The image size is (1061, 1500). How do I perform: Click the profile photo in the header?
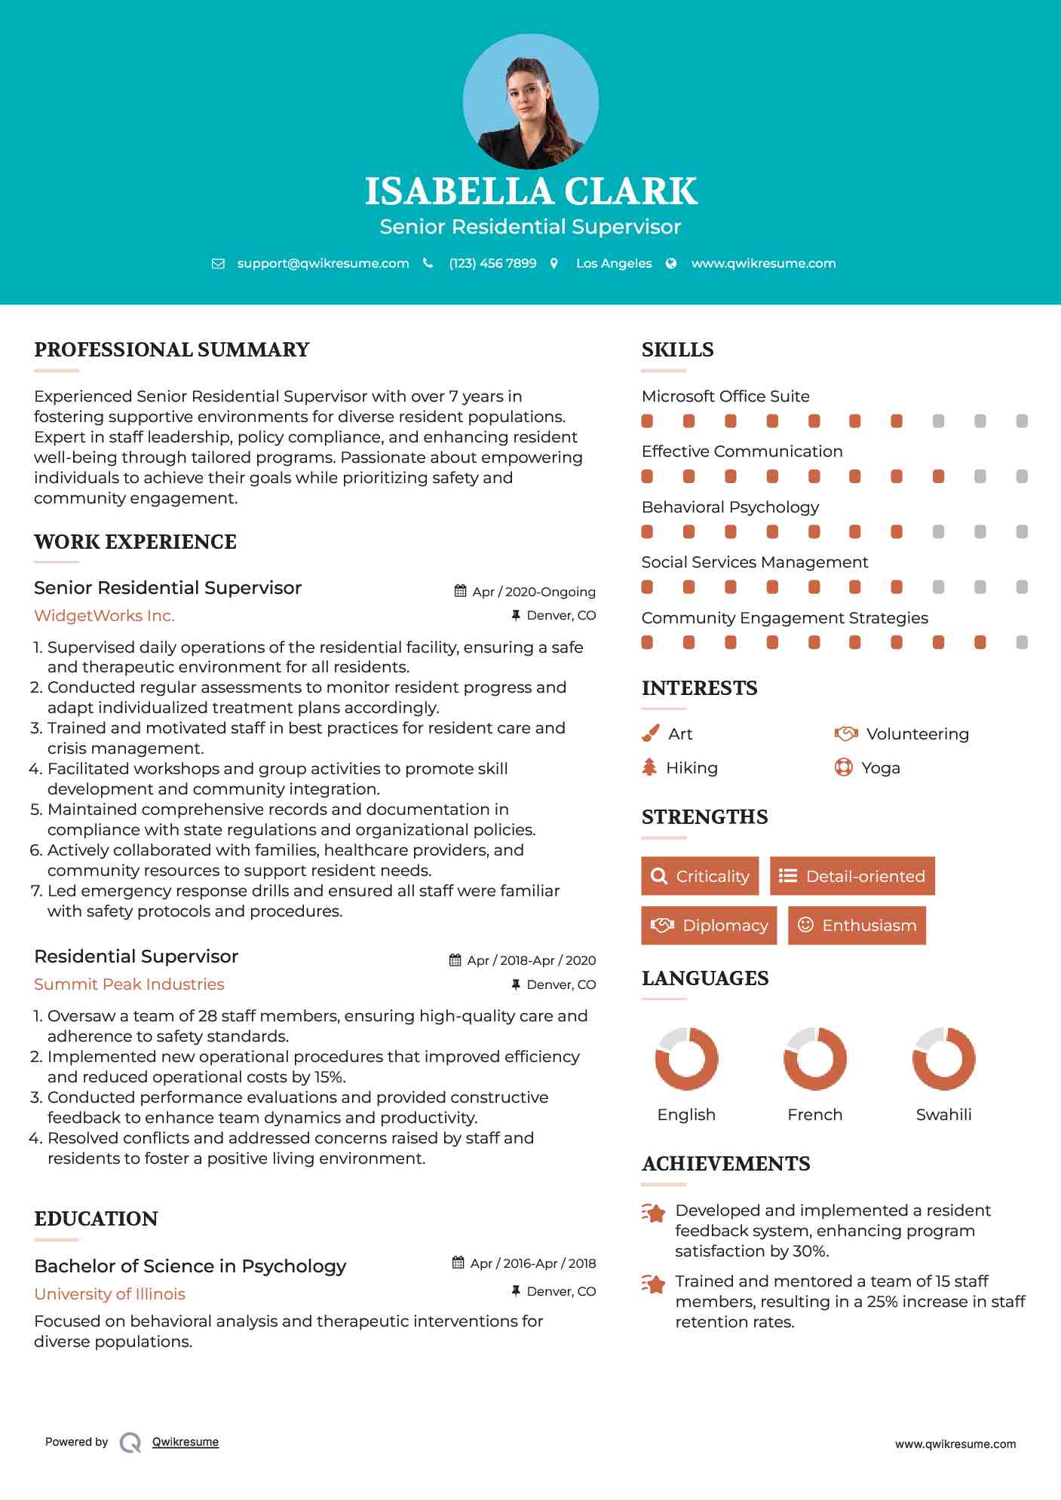pos(530,102)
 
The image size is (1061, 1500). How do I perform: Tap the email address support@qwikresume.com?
pos(323,263)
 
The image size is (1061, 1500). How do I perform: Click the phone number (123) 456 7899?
pos(492,263)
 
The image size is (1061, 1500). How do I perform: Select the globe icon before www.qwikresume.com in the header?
pos(671,263)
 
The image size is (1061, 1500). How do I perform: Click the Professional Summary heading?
pos(172,350)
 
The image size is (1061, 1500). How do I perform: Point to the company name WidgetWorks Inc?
pos(104,616)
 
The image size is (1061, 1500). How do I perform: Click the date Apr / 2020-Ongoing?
pos(533,592)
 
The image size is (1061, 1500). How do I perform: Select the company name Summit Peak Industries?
pos(129,984)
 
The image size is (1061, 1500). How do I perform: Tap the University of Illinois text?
pos(109,1294)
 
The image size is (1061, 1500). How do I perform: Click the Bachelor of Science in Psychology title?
pos(190,1266)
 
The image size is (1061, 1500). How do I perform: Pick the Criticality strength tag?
pos(700,876)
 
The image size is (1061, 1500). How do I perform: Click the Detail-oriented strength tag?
pos(852,876)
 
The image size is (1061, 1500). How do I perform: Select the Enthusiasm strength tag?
pos(857,926)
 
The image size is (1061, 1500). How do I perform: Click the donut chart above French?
pos(814,1058)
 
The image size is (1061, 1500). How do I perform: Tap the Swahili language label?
pos(943,1115)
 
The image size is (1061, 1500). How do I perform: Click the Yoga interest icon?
pos(843,767)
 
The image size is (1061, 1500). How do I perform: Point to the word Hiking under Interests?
pos(691,768)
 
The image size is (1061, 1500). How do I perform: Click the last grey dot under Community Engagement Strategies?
pos(1022,642)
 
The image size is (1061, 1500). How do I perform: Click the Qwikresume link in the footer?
pos(186,1442)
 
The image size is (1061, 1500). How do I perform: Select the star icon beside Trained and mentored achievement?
pos(654,1283)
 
